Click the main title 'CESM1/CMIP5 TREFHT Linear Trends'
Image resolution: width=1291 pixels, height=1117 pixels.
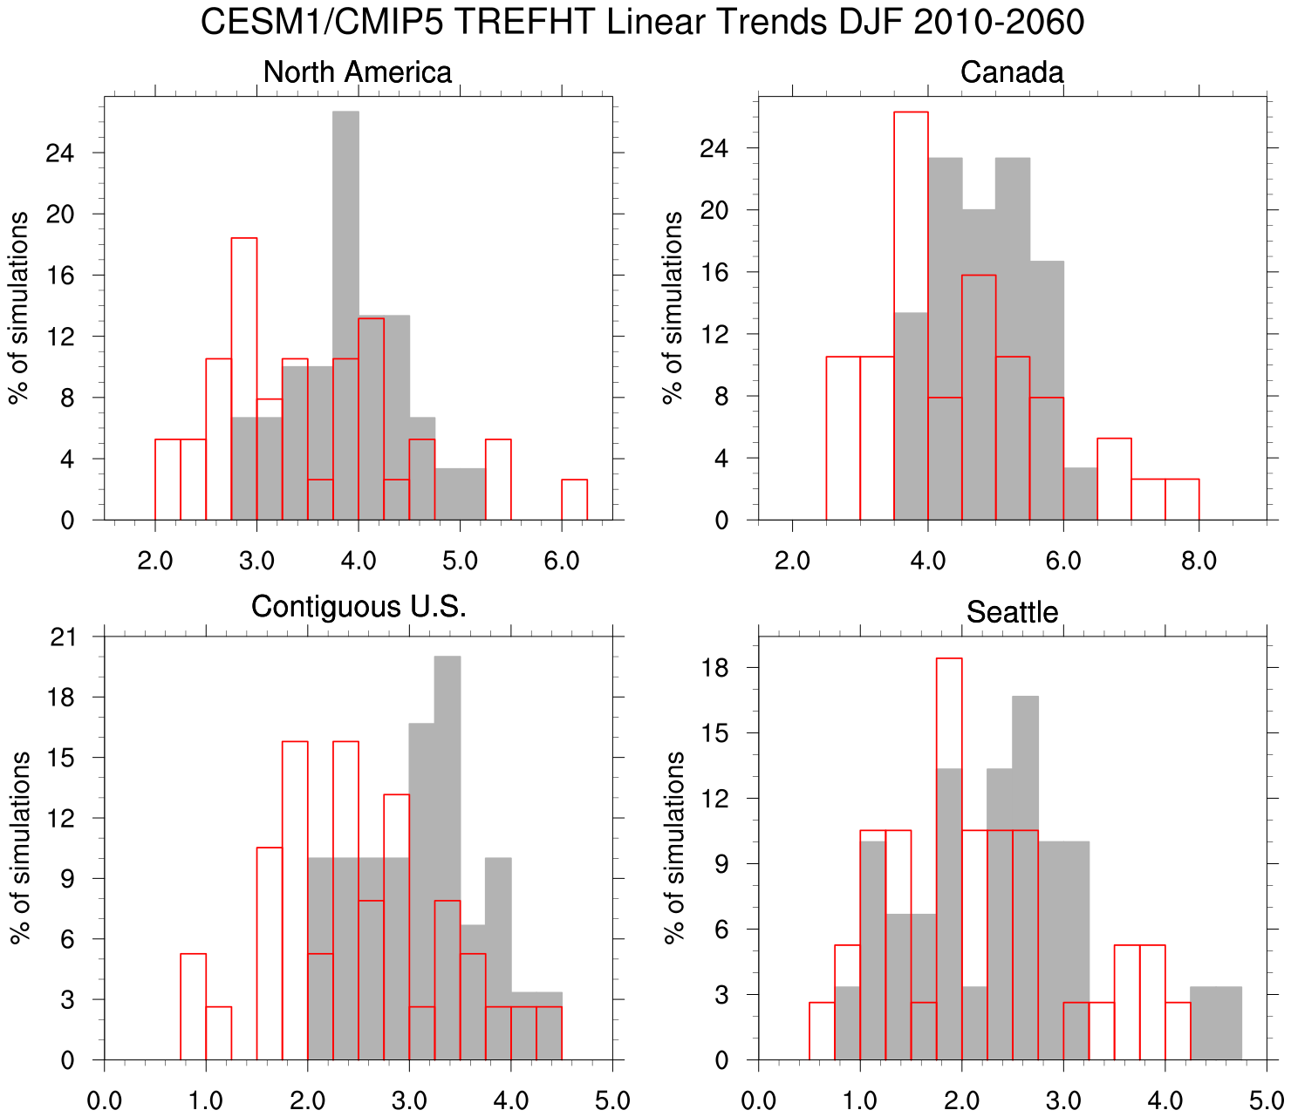point(642,23)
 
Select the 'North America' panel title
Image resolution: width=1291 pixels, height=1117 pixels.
point(357,72)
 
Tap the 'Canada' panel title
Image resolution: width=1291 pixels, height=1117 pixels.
point(1012,72)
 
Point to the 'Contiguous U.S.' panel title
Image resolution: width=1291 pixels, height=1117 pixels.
point(359,606)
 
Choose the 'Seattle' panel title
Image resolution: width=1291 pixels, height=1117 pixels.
point(1012,612)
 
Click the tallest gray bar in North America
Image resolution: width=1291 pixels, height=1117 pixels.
point(345,314)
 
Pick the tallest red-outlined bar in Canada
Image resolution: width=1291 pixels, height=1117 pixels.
point(911,314)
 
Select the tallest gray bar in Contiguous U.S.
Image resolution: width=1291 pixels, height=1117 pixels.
point(447,858)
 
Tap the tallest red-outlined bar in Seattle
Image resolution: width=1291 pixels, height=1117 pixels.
point(949,859)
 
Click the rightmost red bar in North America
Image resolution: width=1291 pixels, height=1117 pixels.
point(574,500)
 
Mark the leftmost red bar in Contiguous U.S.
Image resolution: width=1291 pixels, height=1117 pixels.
point(193,1007)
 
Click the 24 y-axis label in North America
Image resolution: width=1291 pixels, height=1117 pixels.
point(61,153)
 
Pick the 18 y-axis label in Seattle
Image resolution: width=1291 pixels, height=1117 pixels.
point(716,668)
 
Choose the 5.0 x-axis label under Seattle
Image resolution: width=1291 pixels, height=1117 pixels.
point(1267,1100)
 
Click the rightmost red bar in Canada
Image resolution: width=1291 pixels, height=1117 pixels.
point(1182,500)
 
